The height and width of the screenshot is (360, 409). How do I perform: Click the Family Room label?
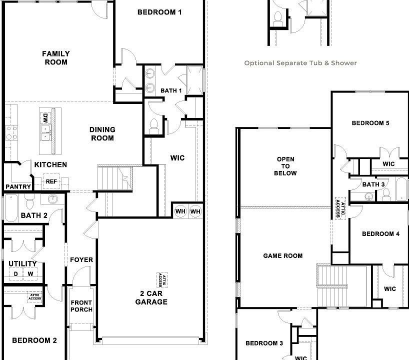[x=56, y=58]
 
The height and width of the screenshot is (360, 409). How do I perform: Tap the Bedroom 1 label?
[x=159, y=12]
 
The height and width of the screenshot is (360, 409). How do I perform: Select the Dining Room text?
[x=102, y=134]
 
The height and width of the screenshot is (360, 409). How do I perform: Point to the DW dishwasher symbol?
[x=45, y=118]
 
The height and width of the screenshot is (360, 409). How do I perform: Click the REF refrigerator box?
[x=51, y=181]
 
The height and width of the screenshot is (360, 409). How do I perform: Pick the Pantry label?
[x=18, y=187]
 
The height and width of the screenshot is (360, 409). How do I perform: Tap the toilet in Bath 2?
[x=29, y=201]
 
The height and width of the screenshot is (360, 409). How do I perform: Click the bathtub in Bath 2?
[x=11, y=208]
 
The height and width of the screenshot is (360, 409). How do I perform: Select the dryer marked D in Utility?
[x=16, y=274]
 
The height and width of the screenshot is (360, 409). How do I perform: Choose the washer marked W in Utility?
[x=30, y=274]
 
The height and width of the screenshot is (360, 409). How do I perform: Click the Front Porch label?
[x=81, y=306]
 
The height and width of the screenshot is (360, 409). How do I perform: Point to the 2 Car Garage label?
[x=151, y=297]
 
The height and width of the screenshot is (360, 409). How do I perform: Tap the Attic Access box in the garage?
[x=162, y=280]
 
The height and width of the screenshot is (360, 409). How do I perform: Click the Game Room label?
[x=283, y=255]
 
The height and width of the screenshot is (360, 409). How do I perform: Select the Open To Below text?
[x=285, y=166]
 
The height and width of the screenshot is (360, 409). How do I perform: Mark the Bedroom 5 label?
[x=370, y=123]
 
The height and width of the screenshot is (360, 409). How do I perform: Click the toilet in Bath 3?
[x=386, y=194]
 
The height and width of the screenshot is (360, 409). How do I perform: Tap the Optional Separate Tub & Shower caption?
[x=300, y=63]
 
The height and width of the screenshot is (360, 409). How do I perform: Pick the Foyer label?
[x=81, y=260]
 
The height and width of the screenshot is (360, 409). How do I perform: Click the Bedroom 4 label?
[x=380, y=233]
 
